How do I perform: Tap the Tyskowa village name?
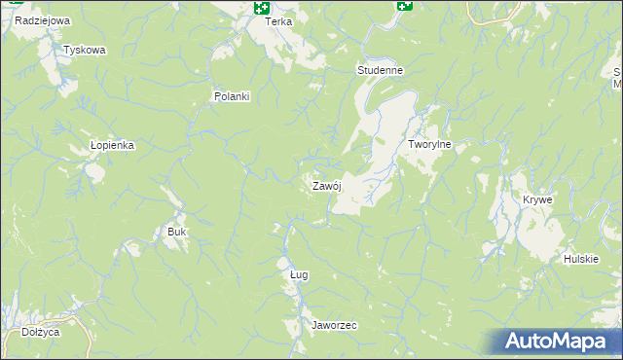pos(84,50)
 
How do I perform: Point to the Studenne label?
pos(380,71)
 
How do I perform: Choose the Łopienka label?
pos(111,144)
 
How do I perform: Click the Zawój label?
pos(325,186)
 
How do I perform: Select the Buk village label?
pos(176,232)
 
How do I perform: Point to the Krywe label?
pos(537,199)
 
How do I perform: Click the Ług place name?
pos(299,274)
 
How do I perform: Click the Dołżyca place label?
pos(40,332)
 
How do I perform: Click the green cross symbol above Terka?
pos(261,7)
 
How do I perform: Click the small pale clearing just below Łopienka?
pos(94,172)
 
